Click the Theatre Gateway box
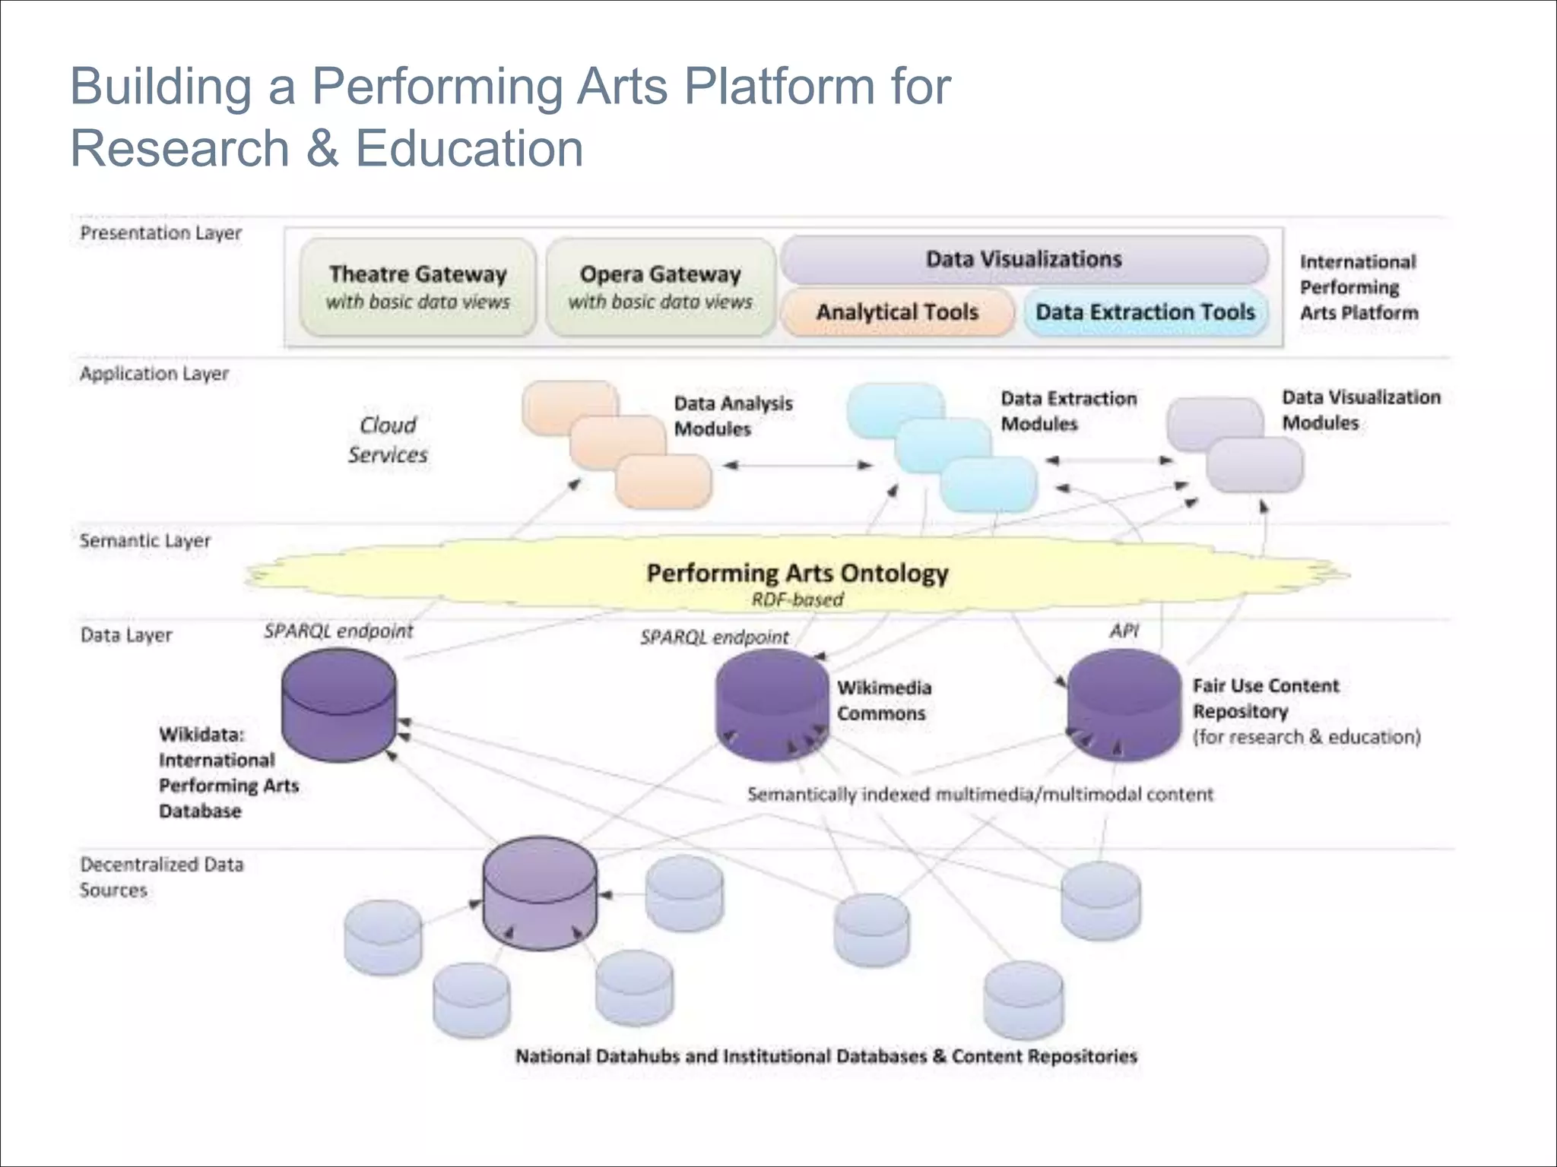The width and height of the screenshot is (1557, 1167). tap(417, 286)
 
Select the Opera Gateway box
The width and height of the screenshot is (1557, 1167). tap(660, 286)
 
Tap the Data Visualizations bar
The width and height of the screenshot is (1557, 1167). tap(1023, 259)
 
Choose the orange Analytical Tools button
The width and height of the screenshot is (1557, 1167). tap(897, 312)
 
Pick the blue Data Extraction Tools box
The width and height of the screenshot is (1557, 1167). tap(1145, 312)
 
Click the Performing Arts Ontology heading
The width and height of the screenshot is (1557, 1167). tap(798, 573)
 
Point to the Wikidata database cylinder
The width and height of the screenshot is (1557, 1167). tap(338, 705)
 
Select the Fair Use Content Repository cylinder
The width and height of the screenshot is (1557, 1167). tap(1124, 705)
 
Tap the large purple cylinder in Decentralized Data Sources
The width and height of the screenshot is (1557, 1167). tap(540, 893)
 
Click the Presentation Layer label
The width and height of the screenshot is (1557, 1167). tap(160, 233)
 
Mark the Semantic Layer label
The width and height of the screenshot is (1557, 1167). tap(144, 541)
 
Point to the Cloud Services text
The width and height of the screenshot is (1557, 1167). tap(388, 440)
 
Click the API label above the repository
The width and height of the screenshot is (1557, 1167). tap(1124, 631)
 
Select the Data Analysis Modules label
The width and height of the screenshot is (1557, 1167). tap(733, 416)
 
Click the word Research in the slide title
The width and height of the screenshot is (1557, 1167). tap(179, 148)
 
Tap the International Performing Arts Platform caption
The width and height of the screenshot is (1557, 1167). tap(1358, 287)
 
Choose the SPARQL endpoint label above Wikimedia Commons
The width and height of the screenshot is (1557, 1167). tap(714, 637)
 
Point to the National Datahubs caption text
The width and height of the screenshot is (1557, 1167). tap(826, 1056)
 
